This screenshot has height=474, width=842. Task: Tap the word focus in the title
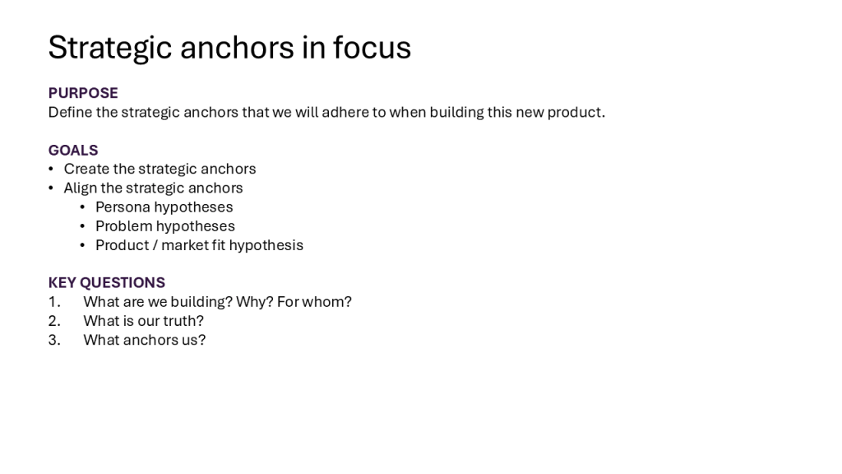click(x=372, y=47)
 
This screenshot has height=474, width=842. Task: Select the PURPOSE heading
click(x=83, y=93)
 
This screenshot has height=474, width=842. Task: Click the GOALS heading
click(x=73, y=150)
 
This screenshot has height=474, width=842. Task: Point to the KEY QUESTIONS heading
click(x=107, y=283)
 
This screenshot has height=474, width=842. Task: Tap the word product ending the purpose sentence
click(x=576, y=113)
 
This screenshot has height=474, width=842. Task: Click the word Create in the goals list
click(x=86, y=169)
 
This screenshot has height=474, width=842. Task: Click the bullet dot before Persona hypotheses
click(x=82, y=207)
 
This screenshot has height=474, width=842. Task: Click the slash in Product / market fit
click(x=155, y=245)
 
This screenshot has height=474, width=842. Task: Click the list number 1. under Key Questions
click(x=54, y=302)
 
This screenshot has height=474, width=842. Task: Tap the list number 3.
click(x=54, y=340)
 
